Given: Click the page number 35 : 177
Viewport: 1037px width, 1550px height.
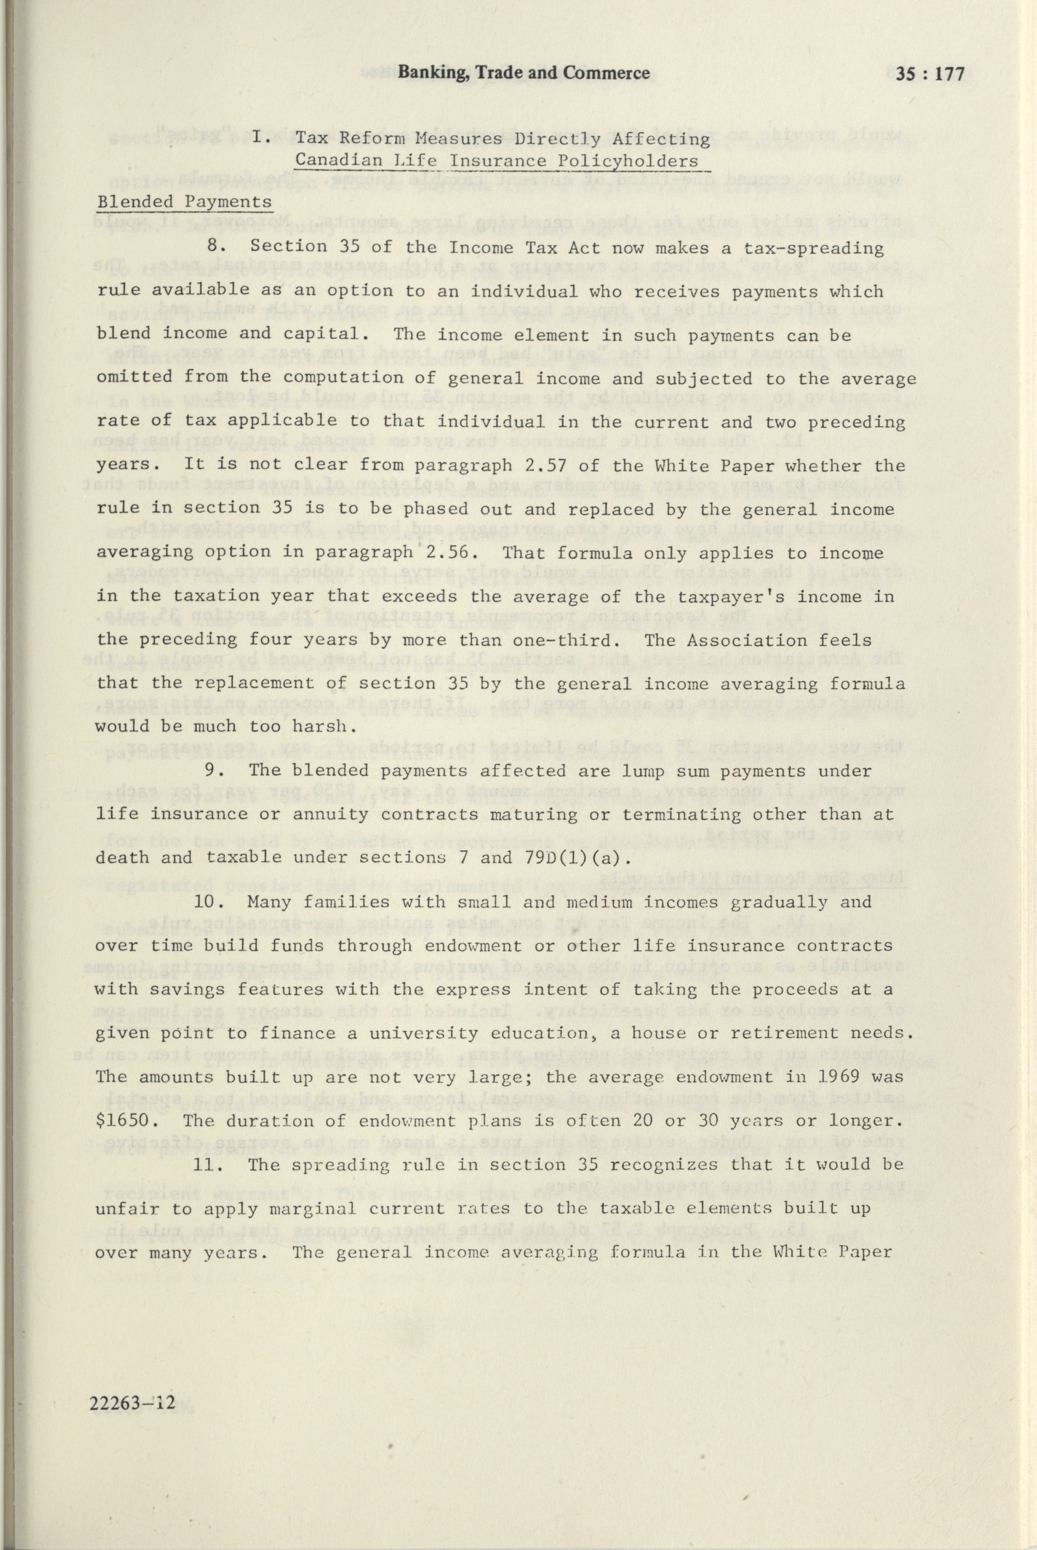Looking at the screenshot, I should tap(931, 74).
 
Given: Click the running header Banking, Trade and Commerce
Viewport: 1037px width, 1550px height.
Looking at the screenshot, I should tap(523, 73).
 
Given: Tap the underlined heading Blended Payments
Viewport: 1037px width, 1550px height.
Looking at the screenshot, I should tap(184, 202).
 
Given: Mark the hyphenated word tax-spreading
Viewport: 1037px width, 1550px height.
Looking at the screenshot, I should tap(811, 248).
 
